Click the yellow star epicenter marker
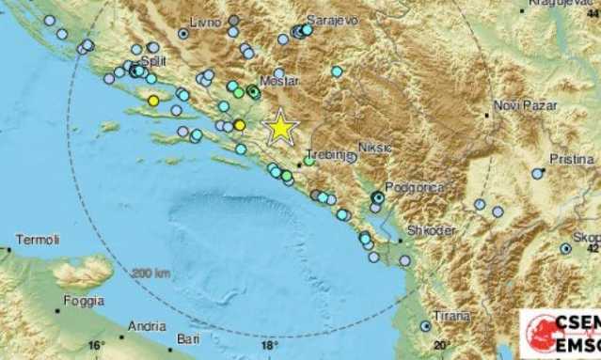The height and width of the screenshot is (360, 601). (280, 126)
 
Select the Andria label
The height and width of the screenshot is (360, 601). (143, 326)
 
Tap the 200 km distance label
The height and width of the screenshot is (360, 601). (150, 273)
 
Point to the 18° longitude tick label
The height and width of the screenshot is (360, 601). (266, 345)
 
